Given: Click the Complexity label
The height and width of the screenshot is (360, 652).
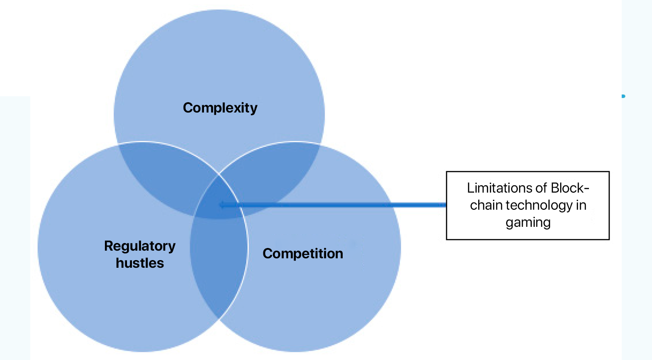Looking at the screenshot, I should (220, 108).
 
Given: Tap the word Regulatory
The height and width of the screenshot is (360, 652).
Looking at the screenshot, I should (140, 246).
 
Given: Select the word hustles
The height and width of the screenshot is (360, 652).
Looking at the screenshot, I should (140, 263).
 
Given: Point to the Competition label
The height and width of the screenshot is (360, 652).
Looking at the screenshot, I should (303, 253).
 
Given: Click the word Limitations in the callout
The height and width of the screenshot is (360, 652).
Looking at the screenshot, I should (495, 188).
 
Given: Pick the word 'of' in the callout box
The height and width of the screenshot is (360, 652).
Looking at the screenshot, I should (531, 188).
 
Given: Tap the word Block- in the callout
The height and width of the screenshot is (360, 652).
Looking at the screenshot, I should (564, 188).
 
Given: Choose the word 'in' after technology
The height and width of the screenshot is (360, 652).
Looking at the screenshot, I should (581, 205).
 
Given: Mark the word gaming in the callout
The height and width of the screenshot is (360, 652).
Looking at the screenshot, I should (528, 222).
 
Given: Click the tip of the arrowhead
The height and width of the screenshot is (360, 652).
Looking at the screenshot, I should (220, 205).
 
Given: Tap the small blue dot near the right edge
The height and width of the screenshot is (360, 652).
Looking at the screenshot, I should (624, 96).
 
